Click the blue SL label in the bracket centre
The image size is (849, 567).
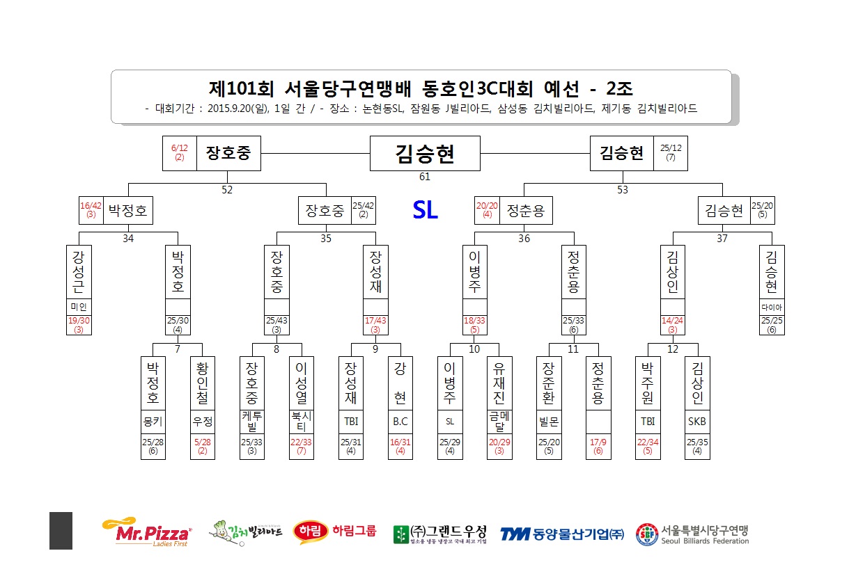pyautogui.click(x=426, y=209)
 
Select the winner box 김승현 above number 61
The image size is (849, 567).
pyautogui.click(x=425, y=153)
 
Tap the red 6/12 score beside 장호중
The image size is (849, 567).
pyautogui.click(x=179, y=148)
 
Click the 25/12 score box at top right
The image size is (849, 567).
pyautogui.click(x=671, y=153)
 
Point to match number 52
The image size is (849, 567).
pyautogui.click(x=227, y=190)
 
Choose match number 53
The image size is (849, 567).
pyautogui.click(x=623, y=190)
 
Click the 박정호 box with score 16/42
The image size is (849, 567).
pyautogui.click(x=116, y=210)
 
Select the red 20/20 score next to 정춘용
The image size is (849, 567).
pyautogui.click(x=487, y=205)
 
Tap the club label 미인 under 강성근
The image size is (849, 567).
pyautogui.click(x=79, y=307)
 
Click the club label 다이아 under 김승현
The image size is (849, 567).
pyautogui.click(x=772, y=307)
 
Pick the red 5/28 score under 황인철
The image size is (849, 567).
pyautogui.click(x=203, y=442)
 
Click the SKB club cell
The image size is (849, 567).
pyautogui.click(x=697, y=422)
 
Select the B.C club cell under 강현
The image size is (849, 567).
pyautogui.click(x=400, y=422)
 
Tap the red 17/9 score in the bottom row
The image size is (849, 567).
pyautogui.click(x=598, y=442)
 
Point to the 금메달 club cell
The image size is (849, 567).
pyautogui.click(x=499, y=422)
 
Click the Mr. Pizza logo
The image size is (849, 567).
pyautogui.click(x=147, y=532)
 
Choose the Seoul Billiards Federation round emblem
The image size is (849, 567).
pyautogui.click(x=647, y=534)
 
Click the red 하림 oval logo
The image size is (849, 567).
pyautogui.click(x=310, y=531)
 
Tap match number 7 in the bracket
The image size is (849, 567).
pyautogui.click(x=178, y=349)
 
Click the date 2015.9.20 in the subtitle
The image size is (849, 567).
pyautogui.click(x=229, y=109)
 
